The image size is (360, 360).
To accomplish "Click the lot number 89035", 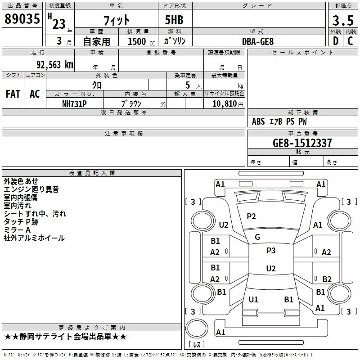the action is [x=22, y=19].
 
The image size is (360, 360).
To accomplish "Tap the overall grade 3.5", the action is [x=343, y=21].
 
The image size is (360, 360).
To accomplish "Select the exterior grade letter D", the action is [x=336, y=41].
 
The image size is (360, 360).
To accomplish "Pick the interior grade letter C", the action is [x=350, y=41].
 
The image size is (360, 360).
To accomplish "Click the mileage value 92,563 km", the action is [x=55, y=65].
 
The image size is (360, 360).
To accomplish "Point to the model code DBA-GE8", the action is [x=258, y=41].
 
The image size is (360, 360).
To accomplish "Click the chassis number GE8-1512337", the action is [x=302, y=143].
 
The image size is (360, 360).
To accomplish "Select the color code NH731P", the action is [x=74, y=104].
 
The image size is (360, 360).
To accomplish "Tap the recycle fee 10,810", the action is [x=224, y=104].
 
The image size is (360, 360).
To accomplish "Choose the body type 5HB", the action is [x=174, y=20].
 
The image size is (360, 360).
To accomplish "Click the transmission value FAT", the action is [x=13, y=94].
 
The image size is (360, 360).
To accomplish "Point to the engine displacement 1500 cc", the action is [x=141, y=41].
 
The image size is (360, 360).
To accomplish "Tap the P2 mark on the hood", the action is [x=251, y=216].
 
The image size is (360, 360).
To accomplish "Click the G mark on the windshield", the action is [x=257, y=237].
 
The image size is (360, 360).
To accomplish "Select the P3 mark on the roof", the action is [x=271, y=251].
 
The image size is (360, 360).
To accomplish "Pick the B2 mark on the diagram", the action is [x=327, y=279].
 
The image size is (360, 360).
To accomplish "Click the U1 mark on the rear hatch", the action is [x=253, y=299].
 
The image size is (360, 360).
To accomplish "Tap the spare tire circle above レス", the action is [x=197, y=328].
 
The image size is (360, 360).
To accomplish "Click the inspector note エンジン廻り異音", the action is [x=31, y=189].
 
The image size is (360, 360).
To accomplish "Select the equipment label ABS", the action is [x=258, y=121].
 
